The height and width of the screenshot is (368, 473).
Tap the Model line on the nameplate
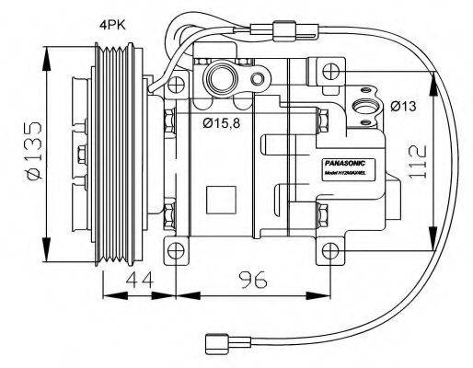[x=346, y=172]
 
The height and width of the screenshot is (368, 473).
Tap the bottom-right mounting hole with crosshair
[x=329, y=249]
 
